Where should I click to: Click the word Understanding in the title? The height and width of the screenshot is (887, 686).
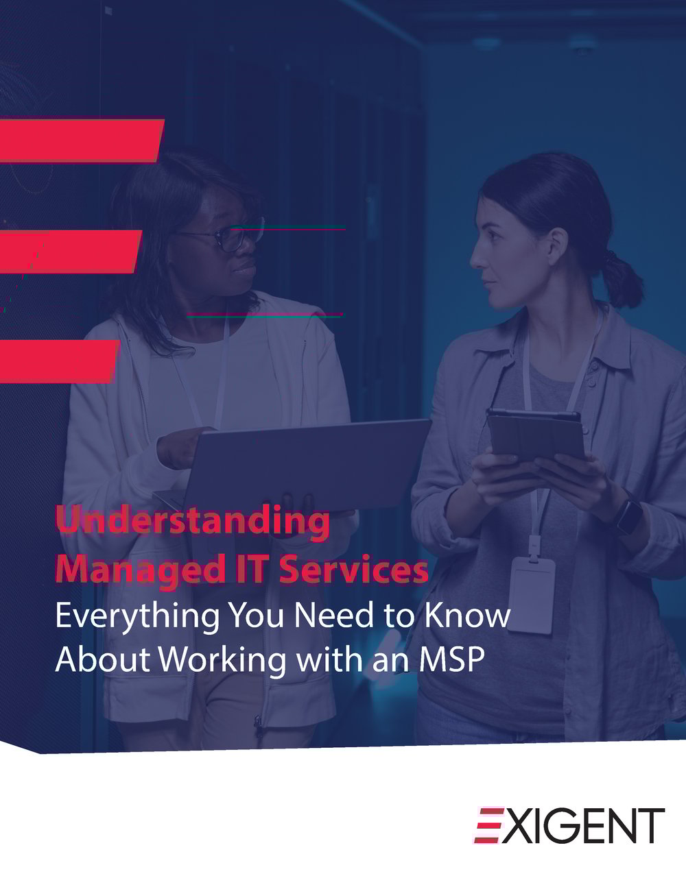coord(192,522)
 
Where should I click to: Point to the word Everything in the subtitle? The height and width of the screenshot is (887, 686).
coord(135,616)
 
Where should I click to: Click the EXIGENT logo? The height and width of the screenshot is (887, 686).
coord(569,825)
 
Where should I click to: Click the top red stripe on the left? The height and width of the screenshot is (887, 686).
coord(80,141)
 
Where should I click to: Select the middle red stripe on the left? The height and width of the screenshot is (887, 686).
coord(69,251)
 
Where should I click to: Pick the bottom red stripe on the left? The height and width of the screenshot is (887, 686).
coord(58,361)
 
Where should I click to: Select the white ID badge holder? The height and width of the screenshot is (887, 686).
coord(531,593)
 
